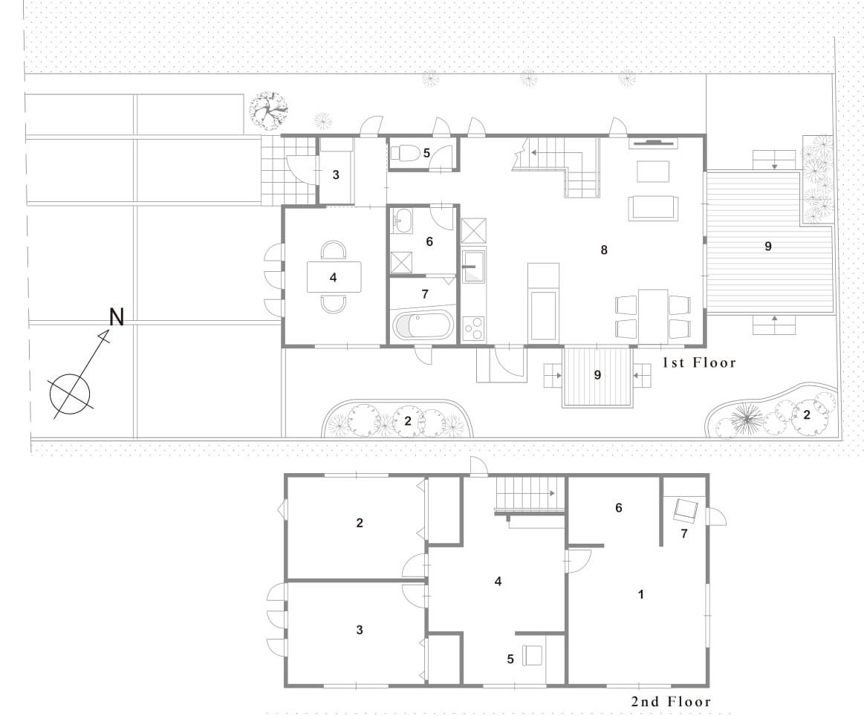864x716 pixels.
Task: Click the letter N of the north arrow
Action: point(117,316)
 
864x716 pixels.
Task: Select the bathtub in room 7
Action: point(422,325)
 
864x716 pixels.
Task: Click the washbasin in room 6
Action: point(402,221)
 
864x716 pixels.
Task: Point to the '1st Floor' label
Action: point(698,362)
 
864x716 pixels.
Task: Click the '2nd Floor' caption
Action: point(671,702)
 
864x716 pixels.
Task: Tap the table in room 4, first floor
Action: point(334,277)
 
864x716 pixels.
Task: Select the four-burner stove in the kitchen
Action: point(474,329)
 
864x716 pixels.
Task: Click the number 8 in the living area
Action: point(604,250)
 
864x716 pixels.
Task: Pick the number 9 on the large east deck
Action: point(768,246)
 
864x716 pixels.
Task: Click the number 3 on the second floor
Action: point(360,630)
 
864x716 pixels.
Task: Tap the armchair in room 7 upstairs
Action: point(686,510)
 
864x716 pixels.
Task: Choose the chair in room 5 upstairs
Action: point(532,655)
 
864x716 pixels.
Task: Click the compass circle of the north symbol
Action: point(69,394)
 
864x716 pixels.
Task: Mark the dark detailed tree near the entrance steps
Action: point(268,111)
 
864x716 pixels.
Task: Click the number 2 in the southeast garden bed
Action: point(807,414)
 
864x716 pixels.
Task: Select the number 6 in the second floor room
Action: point(618,508)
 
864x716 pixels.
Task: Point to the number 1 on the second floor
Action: point(641,594)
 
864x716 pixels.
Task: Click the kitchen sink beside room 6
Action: point(474,267)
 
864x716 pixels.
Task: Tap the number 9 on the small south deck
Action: point(597,375)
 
